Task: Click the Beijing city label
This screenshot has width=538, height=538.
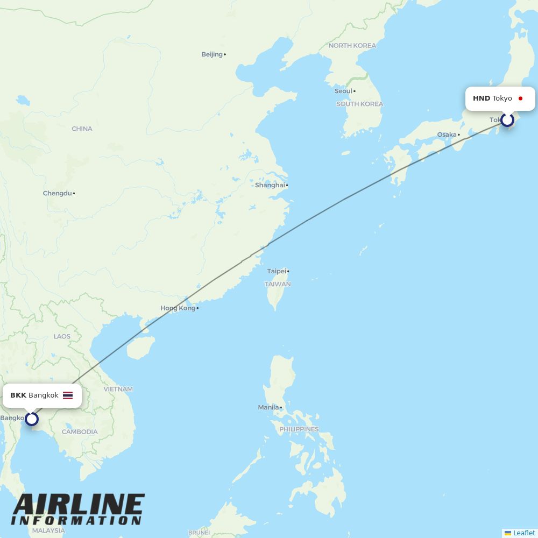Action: click(x=212, y=54)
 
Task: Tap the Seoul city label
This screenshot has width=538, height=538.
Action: click(x=343, y=91)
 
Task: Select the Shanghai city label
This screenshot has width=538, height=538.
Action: click(x=270, y=185)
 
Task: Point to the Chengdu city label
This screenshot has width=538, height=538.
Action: click(x=57, y=193)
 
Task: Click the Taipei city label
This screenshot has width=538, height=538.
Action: click(x=277, y=271)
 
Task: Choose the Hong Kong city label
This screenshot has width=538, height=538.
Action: click(x=178, y=308)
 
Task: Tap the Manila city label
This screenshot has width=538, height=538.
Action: click(x=268, y=407)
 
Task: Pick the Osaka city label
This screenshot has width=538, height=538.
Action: click(x=447, y=134)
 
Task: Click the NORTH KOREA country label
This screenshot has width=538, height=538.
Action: click(x=352, y=46)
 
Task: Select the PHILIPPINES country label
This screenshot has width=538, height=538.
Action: click(x=299, y=429)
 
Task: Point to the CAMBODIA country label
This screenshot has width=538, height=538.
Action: click(x=80, y=431)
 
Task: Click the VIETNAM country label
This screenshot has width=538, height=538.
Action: click(x=118, y=389)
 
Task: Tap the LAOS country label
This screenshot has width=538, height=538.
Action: click(x=62, y=336)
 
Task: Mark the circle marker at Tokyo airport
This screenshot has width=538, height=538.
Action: click(x=507, y=120)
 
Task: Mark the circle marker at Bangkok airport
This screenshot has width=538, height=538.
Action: click(x=32, y=419)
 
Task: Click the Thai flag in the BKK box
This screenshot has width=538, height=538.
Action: click(x=68, y=395)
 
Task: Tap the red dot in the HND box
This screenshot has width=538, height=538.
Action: click(x=520, y=98)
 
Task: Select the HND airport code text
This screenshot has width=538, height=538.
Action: click(x=482, y=98)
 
